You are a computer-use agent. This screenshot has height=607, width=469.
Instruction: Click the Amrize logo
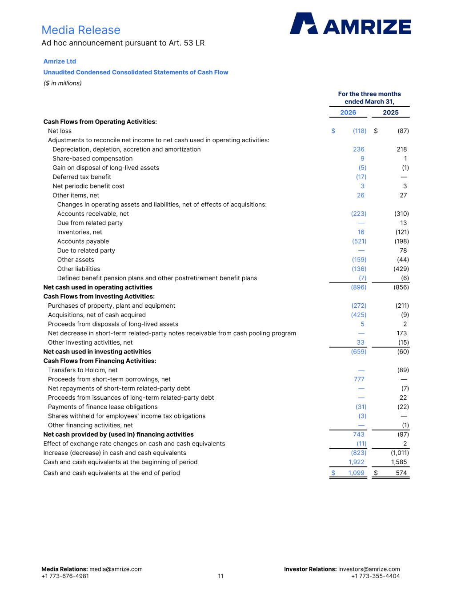point(350,24)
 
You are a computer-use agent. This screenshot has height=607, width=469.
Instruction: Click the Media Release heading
point(81,30)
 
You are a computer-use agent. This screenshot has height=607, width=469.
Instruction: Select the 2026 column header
point(348,113)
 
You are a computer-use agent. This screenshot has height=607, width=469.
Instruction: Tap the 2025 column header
point(391,113)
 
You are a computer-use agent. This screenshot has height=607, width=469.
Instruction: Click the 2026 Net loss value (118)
point(359,131)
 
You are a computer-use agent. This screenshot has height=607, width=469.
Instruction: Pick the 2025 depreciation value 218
point(401,149)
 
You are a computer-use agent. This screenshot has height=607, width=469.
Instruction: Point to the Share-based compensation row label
point(92,159)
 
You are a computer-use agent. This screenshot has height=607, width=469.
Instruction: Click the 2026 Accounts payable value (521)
point(359,241)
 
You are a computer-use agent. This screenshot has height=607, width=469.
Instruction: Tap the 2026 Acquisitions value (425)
point(359,315)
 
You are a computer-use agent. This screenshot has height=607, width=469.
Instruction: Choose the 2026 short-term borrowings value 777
point(359,379)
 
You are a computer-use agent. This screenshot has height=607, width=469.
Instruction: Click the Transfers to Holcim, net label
point(83,370)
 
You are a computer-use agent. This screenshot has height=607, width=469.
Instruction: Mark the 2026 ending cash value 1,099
point(356,473)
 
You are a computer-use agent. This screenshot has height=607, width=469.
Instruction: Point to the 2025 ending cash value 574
point(401,473)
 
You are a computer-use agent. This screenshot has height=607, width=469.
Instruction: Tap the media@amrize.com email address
point(116,569)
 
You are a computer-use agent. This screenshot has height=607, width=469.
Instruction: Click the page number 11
point(220,576)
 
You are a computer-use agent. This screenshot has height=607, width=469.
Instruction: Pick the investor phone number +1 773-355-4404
point(375,576)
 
